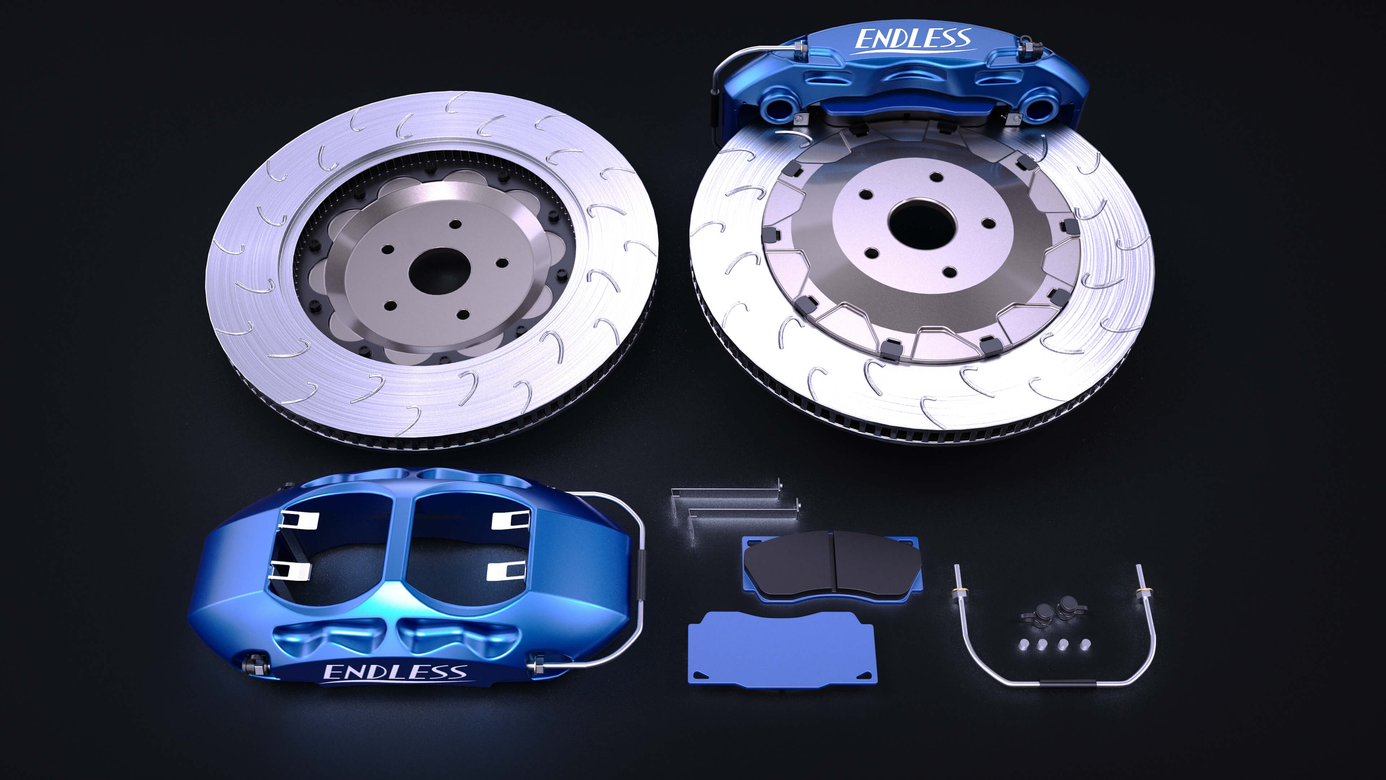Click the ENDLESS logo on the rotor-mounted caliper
pos(913,39)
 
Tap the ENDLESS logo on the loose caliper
pos(395,672)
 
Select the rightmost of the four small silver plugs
pos(1085,644)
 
